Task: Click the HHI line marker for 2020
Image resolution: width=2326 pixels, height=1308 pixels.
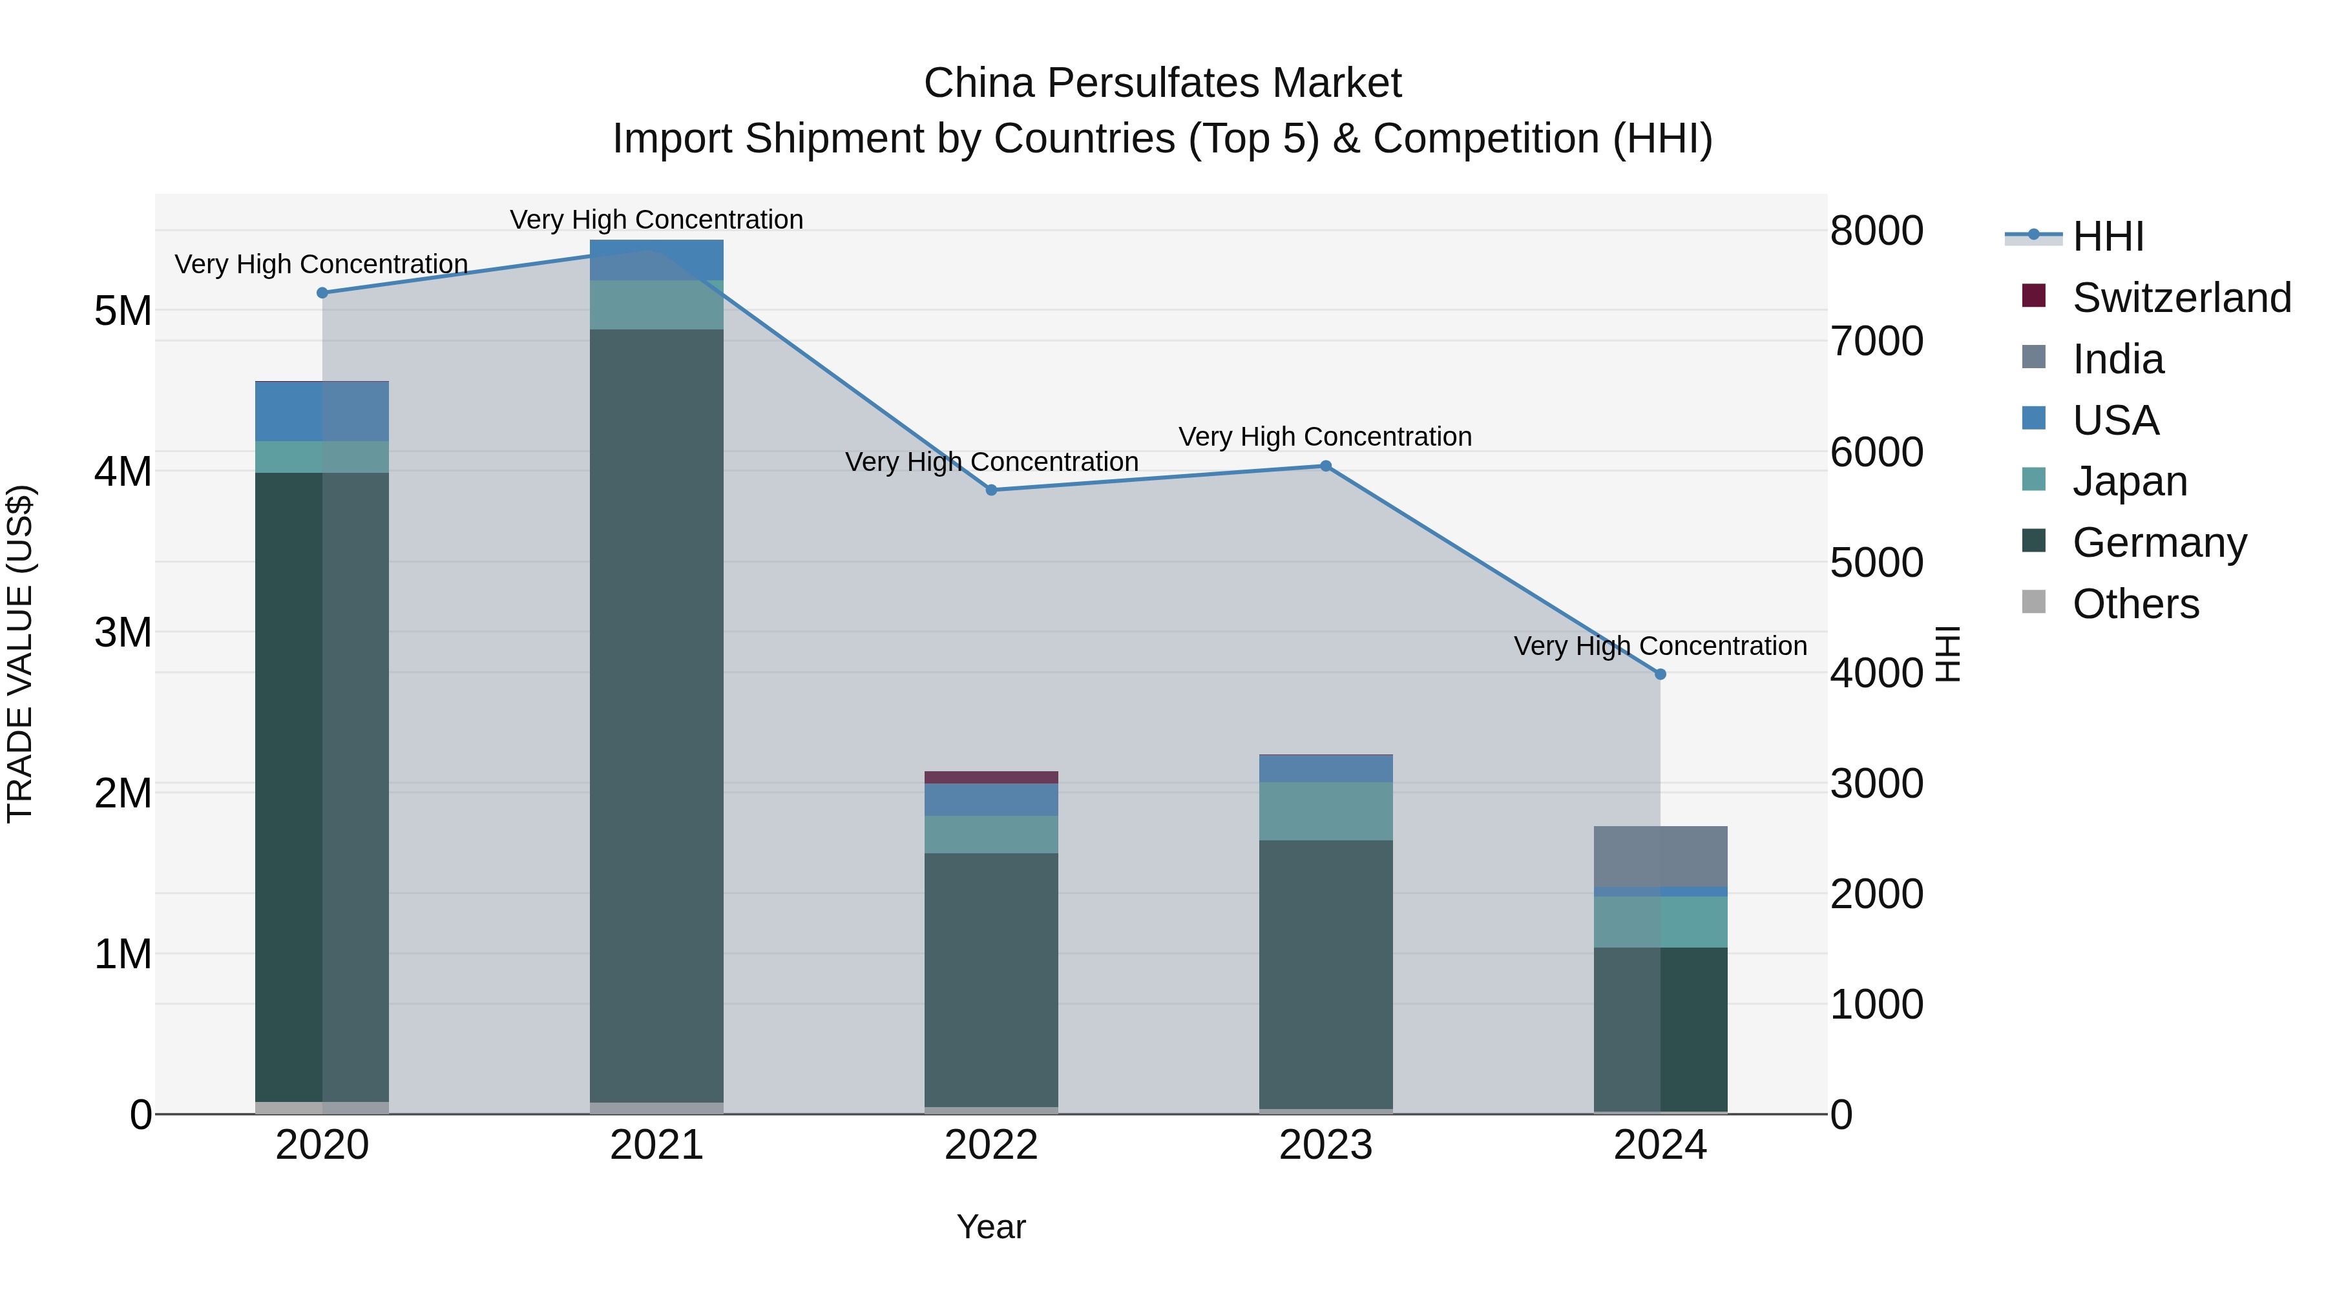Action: (x=322, y=293)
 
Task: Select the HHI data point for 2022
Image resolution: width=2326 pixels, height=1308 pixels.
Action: (x=990, y=490)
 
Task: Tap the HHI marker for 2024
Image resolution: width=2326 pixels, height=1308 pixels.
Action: (x=1660, y=674)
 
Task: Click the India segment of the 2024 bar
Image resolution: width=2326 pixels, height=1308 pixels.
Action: (x=1660, y=856)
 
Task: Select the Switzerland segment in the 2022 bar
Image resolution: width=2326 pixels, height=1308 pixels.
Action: (x=990, y=777)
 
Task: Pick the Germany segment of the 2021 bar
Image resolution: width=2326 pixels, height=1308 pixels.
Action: (x=656, y=713)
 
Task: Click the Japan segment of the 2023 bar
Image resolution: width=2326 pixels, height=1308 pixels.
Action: (x=1326, y=811)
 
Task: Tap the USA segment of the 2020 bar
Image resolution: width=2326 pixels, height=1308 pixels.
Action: (x=322, y=411)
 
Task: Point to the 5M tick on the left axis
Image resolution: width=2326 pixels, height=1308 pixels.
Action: (x=123, y=311)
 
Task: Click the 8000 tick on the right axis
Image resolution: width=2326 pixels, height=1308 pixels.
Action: (x=1876, y=231)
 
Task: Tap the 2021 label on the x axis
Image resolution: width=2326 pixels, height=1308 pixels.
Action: (x=656, y=1145)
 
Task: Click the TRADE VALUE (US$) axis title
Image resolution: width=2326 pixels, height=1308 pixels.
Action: (x=20, y=654)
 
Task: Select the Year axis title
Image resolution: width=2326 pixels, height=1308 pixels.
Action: (x=990, y=1227)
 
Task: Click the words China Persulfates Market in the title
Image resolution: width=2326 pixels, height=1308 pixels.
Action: (x=1162, y=83)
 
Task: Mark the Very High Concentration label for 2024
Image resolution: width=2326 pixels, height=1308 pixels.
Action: (x=1660, y=647)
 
